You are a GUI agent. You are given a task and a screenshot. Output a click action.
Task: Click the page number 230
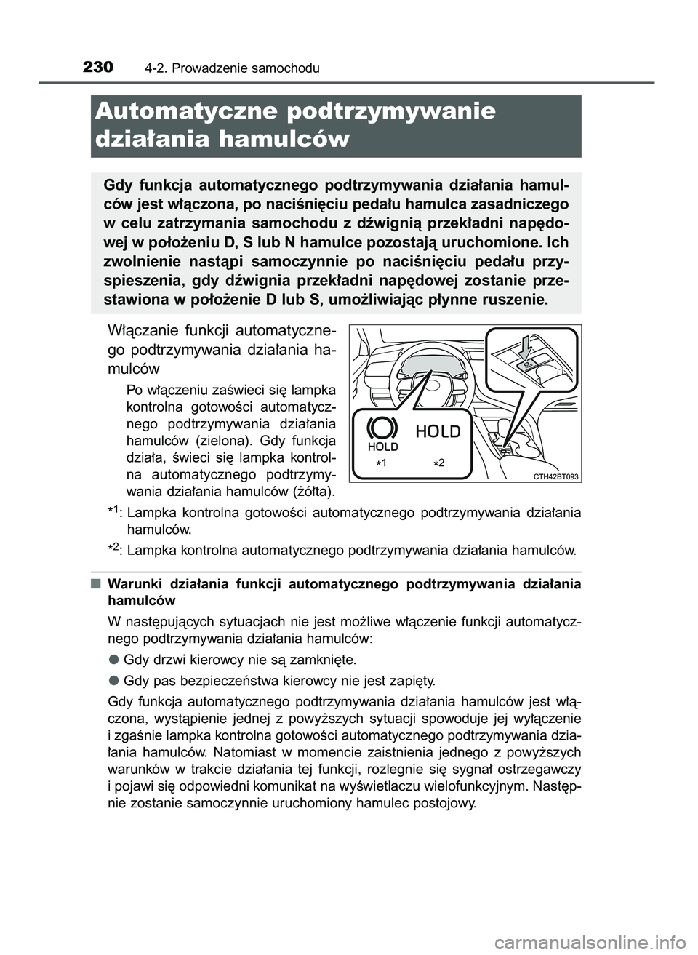point(98,68)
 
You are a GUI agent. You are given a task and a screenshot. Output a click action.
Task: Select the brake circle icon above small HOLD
point(382,427)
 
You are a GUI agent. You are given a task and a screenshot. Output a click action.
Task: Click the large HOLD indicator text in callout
point(438,431)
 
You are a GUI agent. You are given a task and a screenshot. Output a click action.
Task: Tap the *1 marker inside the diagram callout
point(383,463)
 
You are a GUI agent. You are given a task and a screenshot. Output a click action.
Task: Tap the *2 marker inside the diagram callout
point(437,463)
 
